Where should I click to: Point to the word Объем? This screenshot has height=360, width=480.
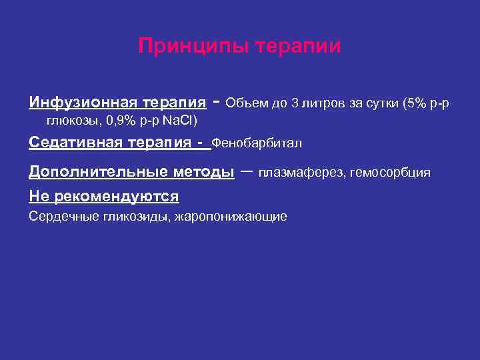pos(244,103)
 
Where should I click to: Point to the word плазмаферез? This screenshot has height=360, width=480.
pos(297,173)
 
